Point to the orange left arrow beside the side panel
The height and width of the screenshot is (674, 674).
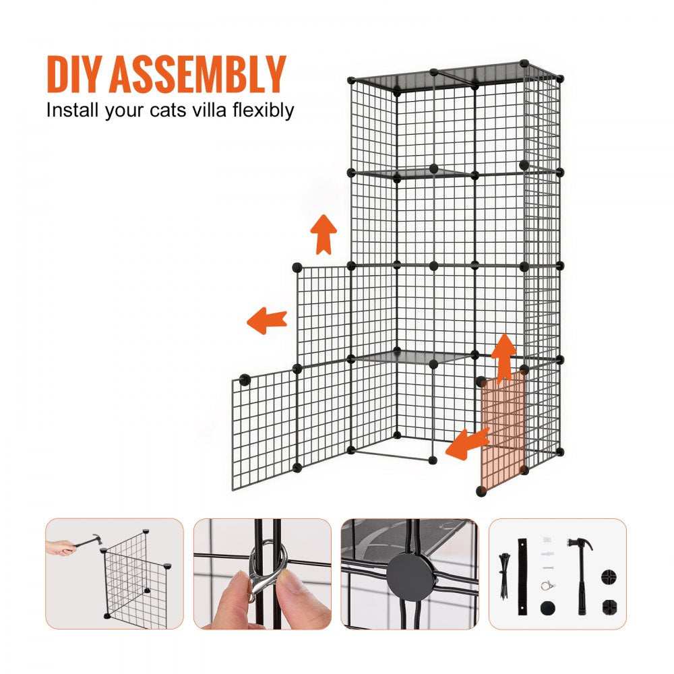[x=267, y=320]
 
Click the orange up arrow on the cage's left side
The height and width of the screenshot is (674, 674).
[x=324, y=234]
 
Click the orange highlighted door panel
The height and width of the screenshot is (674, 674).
[x=503, y=431]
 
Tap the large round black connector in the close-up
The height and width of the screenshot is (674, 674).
[x=410, y=574]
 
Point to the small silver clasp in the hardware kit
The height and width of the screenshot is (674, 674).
[x=547, y=584]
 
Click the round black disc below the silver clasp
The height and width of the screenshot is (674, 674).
[x=545, y=607]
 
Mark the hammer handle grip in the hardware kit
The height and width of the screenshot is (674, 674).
[x=580, y=593]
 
